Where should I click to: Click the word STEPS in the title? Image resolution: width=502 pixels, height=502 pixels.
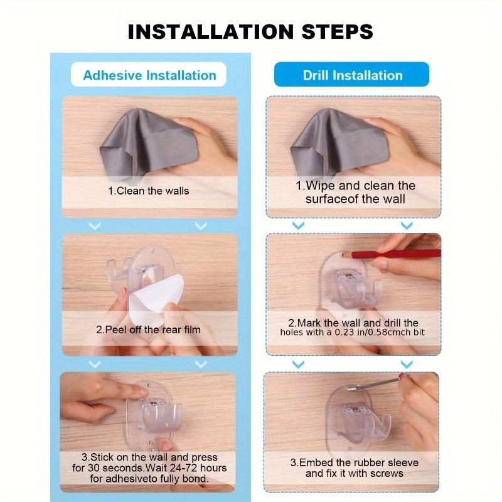point(337,31)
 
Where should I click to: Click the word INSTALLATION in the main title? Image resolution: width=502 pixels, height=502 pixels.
point(211,31)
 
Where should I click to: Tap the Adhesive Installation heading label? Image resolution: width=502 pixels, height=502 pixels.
point(149,75)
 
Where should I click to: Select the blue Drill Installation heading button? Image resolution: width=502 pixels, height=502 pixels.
point(352,75)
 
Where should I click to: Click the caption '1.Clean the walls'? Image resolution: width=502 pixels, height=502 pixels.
point(149,191)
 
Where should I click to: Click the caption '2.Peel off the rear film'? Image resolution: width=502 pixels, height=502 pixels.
point(149,330)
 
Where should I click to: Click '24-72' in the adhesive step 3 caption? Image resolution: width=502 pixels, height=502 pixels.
point(183,468)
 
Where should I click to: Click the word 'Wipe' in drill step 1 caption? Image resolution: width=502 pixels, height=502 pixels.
point(321,186)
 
